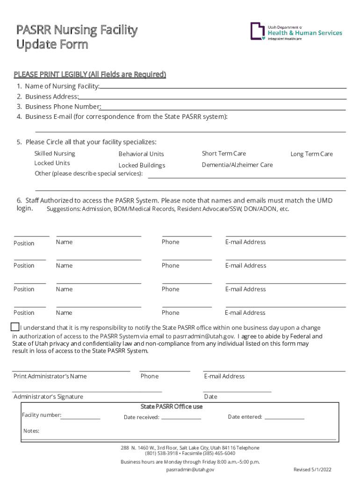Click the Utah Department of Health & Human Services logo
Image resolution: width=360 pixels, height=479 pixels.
coord(296,32)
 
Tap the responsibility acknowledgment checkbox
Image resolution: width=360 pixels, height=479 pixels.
coord(15,327)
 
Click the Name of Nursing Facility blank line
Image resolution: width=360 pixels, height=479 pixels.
coord(223,87)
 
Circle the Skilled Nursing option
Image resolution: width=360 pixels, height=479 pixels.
coord(54,153)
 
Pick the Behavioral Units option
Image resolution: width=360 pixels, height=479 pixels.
coord(141,154)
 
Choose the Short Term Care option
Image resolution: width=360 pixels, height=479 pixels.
coord(223,153)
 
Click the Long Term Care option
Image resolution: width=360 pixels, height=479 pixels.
coord(311,154)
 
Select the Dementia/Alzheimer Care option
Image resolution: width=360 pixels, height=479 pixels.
coord(237,165)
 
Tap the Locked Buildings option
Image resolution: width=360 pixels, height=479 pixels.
coord(142,165)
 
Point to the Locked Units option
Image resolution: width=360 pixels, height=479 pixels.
coord(52,163)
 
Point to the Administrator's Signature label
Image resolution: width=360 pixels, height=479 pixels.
coord(48,397)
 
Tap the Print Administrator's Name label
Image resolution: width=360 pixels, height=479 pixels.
coord(50,376)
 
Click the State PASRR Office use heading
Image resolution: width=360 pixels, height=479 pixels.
coord(172,406)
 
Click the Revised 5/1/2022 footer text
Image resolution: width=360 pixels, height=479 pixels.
coord(312,469)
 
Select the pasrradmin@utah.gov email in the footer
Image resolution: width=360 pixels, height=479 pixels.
coord(190,469)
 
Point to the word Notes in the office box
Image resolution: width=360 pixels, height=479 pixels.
coord(31,431)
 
